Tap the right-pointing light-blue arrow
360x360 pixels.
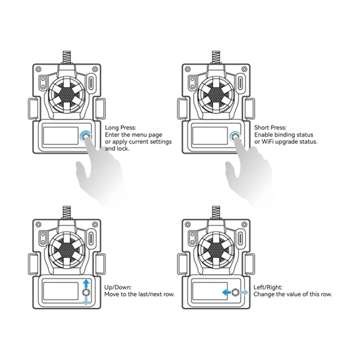click(243, 292)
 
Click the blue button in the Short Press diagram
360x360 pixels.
click(235, 137)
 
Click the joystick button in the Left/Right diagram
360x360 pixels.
click(235, 292)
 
